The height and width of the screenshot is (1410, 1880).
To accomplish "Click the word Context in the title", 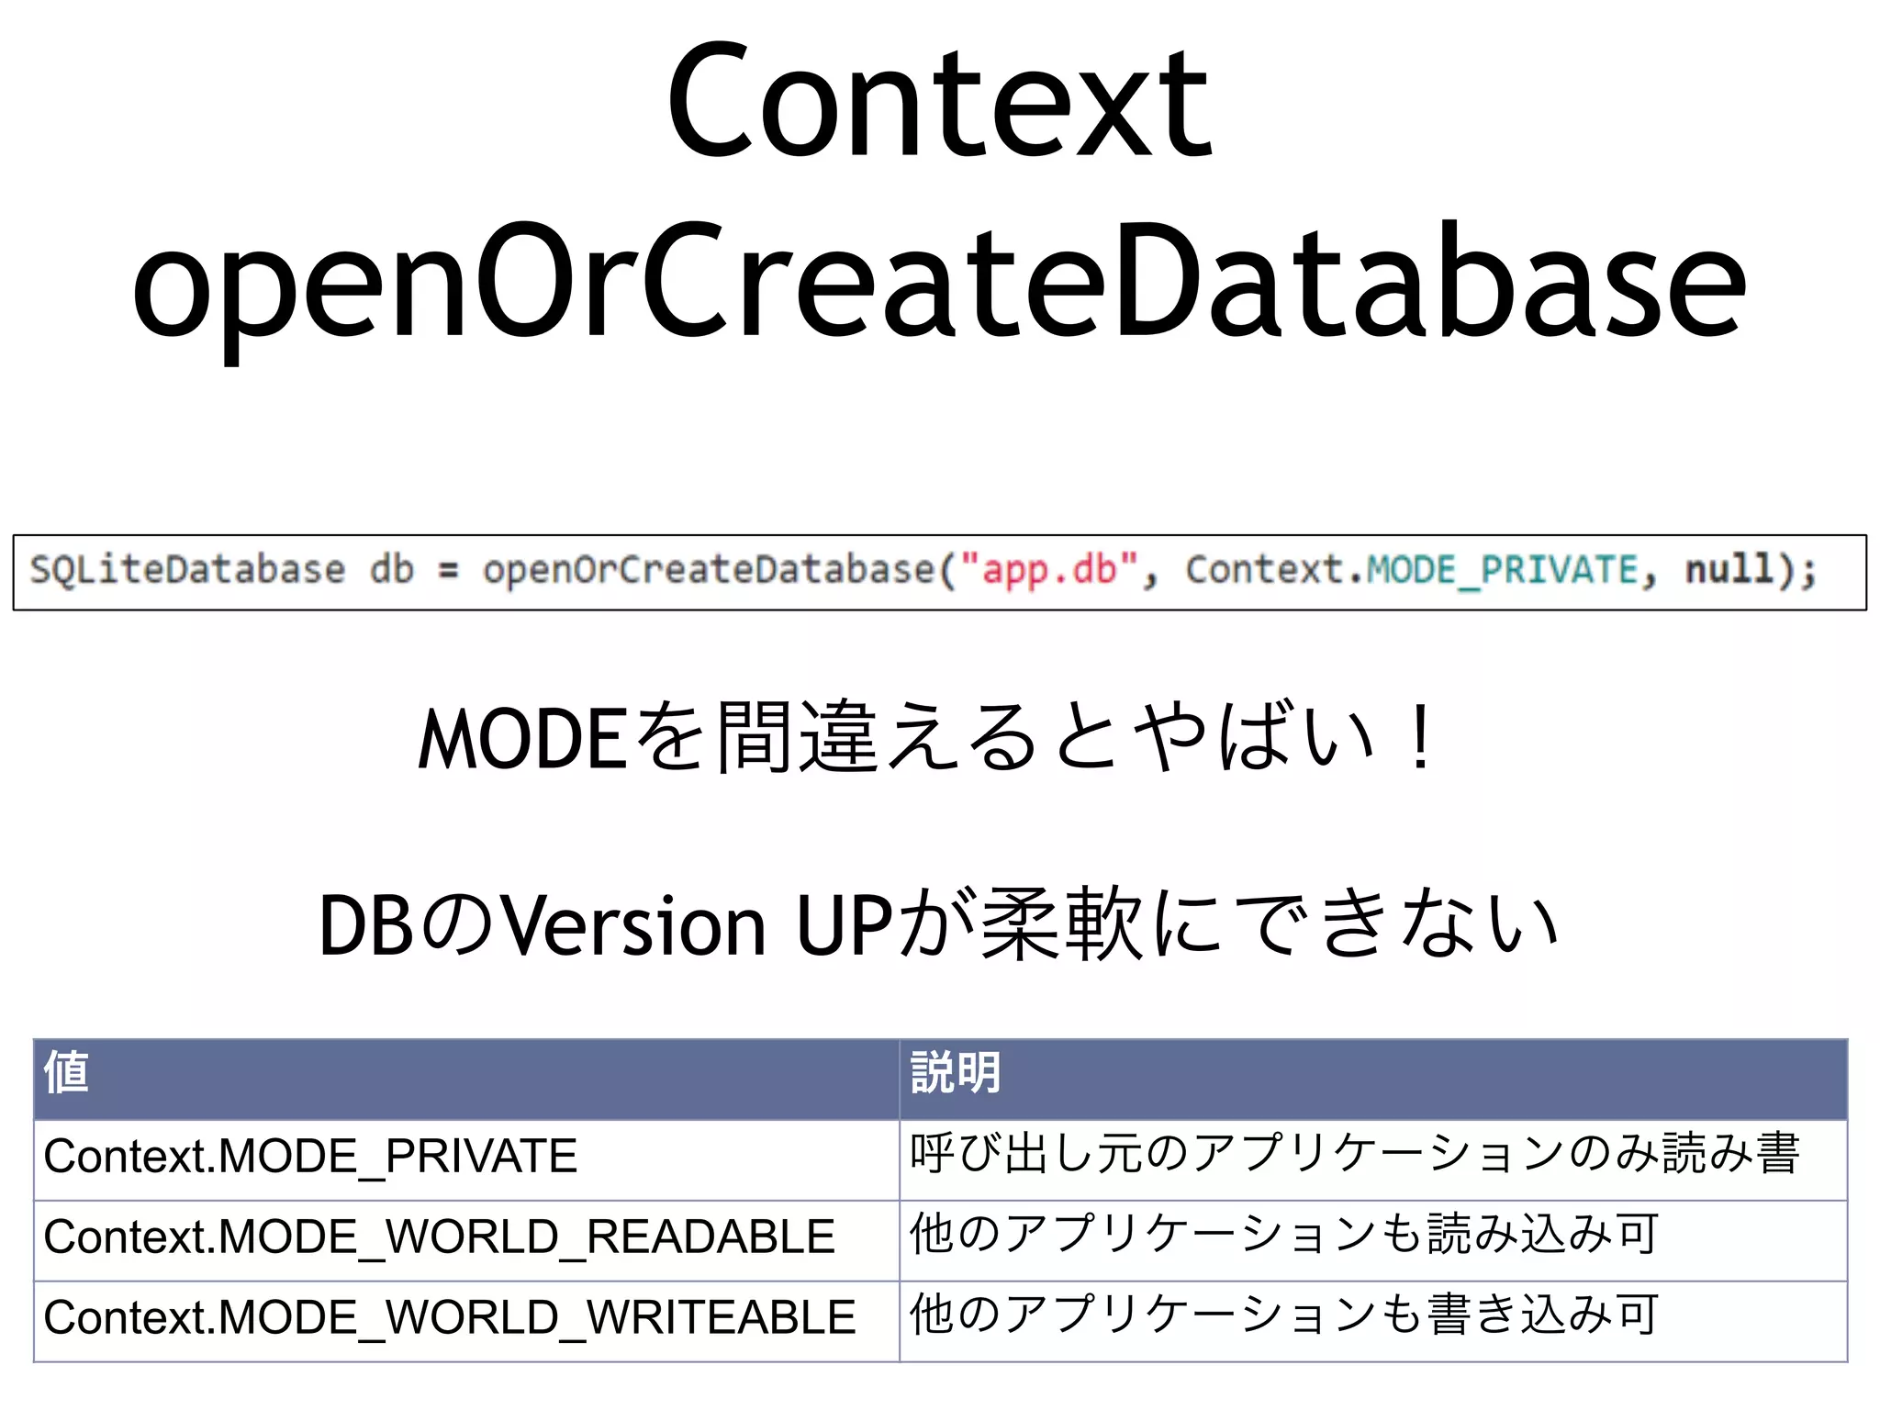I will coord(940,103).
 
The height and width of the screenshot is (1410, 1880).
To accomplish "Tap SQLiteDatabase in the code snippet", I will coord(187,570).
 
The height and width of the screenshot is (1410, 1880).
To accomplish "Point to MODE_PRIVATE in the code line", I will coord(1503,570).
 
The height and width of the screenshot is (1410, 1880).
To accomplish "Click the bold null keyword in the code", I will coord(1729,569).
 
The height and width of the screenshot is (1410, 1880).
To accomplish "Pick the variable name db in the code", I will coord(392,570).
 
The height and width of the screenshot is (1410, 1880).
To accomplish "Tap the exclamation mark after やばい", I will coord(1420,739).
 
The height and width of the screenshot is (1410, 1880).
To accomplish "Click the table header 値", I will coord(66,1072).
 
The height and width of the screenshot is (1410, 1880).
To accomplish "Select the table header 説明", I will coord(955,1072).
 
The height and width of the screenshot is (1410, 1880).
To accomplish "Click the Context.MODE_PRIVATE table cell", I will coord(310,1157).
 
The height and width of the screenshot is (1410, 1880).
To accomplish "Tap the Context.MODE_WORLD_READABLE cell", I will coord(439,1237).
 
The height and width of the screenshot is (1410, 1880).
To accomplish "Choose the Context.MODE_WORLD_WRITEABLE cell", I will coord(450,1318).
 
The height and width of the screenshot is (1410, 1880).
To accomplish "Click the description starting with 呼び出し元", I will coord(1354,1155).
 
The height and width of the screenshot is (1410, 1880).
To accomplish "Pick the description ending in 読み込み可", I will coord(1283,1236).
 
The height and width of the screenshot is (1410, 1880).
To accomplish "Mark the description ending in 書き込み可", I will coord(1283,1316).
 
